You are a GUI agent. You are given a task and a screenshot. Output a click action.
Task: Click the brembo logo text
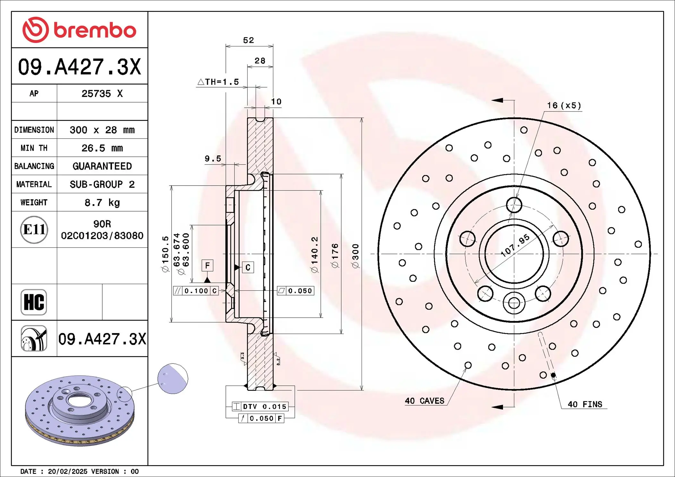click(x=95, y=30)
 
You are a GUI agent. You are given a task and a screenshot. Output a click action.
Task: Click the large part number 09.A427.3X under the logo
click(x=79, y=67)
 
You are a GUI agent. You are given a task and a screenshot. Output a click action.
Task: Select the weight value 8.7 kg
click(x=102, y=203)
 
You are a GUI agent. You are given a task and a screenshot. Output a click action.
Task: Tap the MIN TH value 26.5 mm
click(x=102, y=148)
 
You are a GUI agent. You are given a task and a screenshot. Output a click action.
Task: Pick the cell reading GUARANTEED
click(x=102, y=166)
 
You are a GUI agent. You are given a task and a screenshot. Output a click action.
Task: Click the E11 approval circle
click(x=34, y=230)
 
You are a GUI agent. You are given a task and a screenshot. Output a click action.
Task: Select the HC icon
click(x=34, y=302)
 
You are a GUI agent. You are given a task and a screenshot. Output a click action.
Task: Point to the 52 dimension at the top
click(x=248, y=40)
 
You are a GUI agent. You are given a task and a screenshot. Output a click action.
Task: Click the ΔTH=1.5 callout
click(x=218, y=82)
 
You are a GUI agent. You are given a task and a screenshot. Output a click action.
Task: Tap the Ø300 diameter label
click(x=355, y=255)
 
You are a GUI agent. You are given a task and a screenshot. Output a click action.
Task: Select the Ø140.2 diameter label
click(x=314, y=255)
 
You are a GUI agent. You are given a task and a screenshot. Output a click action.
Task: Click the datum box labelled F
click(x=207, y=265)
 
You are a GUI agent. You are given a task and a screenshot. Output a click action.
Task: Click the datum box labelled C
click(x=248, y=267)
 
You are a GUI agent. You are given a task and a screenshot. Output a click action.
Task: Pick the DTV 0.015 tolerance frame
click(x=260, y=406)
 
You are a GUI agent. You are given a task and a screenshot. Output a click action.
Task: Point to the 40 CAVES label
click(x=424, y=401)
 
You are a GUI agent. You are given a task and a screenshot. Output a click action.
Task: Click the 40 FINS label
click(x=585, y=405)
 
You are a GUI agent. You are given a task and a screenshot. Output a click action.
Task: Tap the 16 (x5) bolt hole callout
click(x=564, y=105)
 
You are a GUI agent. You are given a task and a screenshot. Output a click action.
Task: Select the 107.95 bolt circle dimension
click(x=516, y=245)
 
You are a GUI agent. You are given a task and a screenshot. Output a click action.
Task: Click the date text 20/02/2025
click(x=67, y=472)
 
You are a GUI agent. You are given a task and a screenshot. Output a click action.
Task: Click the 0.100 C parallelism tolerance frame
click(x=196, y=291)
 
